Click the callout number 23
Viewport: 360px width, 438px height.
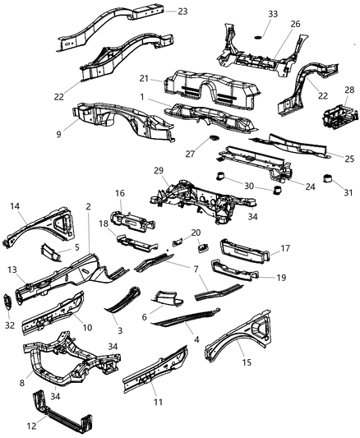pyautogui.click(x=182, y=11)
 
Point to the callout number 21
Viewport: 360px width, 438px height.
pyautogui.click(x=144, y=78)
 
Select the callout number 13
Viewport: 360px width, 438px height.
pyautogui.click(x=13, y=270)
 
